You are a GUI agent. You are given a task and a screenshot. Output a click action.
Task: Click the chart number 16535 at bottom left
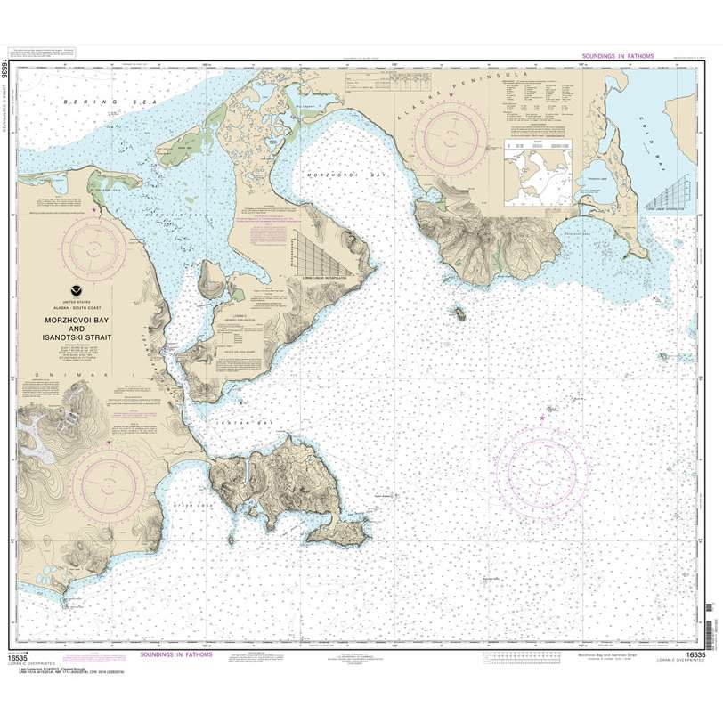tap(30, 656)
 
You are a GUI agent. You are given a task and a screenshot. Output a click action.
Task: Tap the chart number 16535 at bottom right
tap(696, 656)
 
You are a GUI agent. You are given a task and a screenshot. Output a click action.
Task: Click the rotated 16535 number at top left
tap(7, 67)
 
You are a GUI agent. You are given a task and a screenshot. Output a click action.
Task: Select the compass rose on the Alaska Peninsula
tap(451, 134)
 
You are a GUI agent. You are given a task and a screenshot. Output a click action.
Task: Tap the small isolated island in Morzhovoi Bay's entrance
tap(459, 313)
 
